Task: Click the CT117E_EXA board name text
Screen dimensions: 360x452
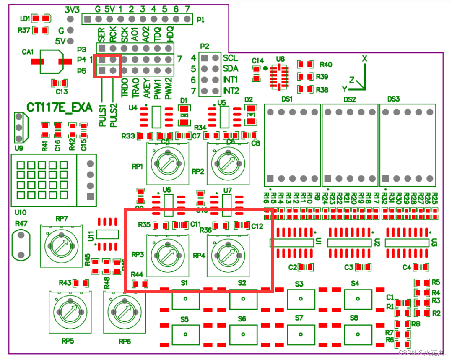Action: (x=59, y=107)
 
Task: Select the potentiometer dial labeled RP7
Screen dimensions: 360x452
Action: (x=61, y=245)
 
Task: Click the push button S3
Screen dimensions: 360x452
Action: (x=301, y=298)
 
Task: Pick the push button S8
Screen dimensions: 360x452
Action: (x=358, y=334)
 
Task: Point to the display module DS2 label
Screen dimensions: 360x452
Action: (x=350, y=99)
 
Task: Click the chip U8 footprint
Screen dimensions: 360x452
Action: (x=279, y=76)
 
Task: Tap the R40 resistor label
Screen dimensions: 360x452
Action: (x=326, y=65)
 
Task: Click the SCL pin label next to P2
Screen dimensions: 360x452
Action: (x=231, y=58)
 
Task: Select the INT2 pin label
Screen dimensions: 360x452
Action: (x=231, y=91)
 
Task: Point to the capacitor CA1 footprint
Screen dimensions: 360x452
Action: (x=51, y=61)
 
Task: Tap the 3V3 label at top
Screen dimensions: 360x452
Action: (x=72, y=9)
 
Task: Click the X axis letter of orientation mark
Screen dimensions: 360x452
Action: (x=364, y=58)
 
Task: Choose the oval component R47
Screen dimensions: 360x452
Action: (x=21, y=244)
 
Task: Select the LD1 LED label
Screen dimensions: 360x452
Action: (x=25, y=18)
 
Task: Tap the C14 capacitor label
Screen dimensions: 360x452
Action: (x=257, y=61)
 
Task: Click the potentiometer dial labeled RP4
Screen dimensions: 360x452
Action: (x=228, y=254)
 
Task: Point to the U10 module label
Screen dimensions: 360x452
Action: (x=20, y=213)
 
